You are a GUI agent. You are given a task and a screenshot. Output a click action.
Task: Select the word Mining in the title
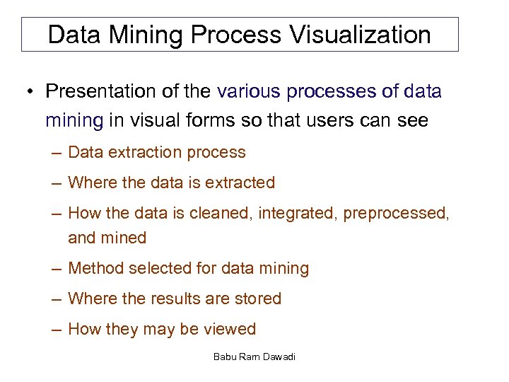pos(142,35)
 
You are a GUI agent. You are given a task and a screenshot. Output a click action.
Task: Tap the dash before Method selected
pos(56,269)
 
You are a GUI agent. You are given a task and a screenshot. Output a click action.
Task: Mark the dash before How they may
pos(56,330)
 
